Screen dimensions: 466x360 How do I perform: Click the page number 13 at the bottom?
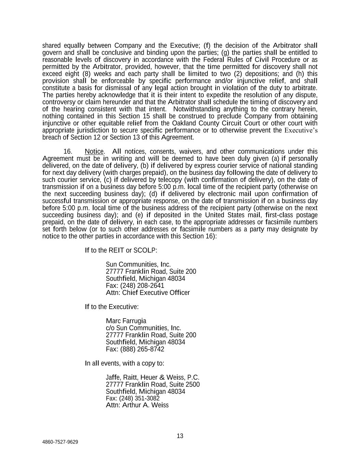(x=180, y=436)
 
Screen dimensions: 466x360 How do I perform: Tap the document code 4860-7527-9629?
(x=60, y=442)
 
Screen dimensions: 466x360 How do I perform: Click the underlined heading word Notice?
(x=94, y=152)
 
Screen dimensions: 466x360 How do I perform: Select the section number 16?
(x=68, y=152)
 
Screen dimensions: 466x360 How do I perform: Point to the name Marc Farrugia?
(x=126, y=321)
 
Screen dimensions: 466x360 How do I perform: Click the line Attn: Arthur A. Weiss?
(x=137, y=405)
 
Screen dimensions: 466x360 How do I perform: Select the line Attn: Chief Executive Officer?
(x=148, y=293)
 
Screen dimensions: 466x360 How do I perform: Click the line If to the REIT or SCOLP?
(x=121, y=250)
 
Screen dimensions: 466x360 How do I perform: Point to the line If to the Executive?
(x=112, y=307)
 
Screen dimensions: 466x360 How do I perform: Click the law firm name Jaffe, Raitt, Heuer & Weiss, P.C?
(x=153, y=377)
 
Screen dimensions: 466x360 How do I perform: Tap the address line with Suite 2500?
(x=153, y=384)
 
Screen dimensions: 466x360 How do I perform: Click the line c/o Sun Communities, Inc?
(x=143, y=328)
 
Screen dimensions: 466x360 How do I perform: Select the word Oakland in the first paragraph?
(x=184, y=123)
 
